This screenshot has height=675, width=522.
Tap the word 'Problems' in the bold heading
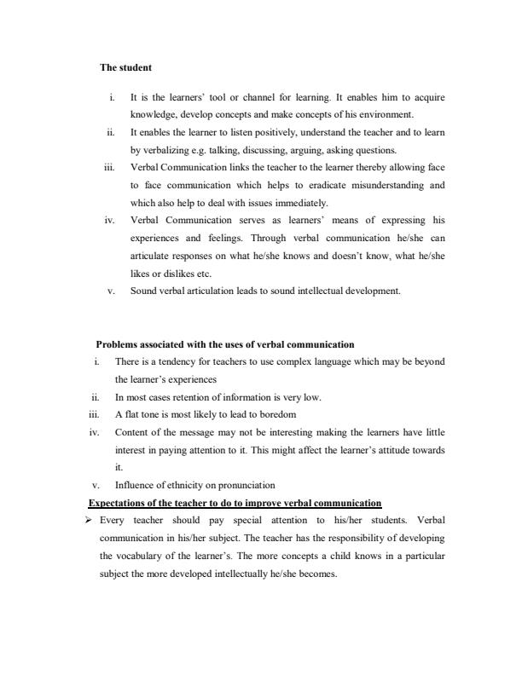tap(117, 344)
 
